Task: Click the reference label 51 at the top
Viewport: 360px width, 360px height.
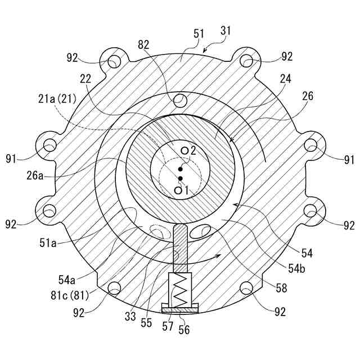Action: [199, 34]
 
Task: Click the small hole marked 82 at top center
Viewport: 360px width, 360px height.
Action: [180, 101]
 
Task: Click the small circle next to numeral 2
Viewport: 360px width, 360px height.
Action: [184, 150]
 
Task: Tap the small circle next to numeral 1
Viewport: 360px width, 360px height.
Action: [178, 191]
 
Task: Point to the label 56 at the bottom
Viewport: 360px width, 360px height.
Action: [184, 330]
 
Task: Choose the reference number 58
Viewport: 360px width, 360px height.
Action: [281, 289]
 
